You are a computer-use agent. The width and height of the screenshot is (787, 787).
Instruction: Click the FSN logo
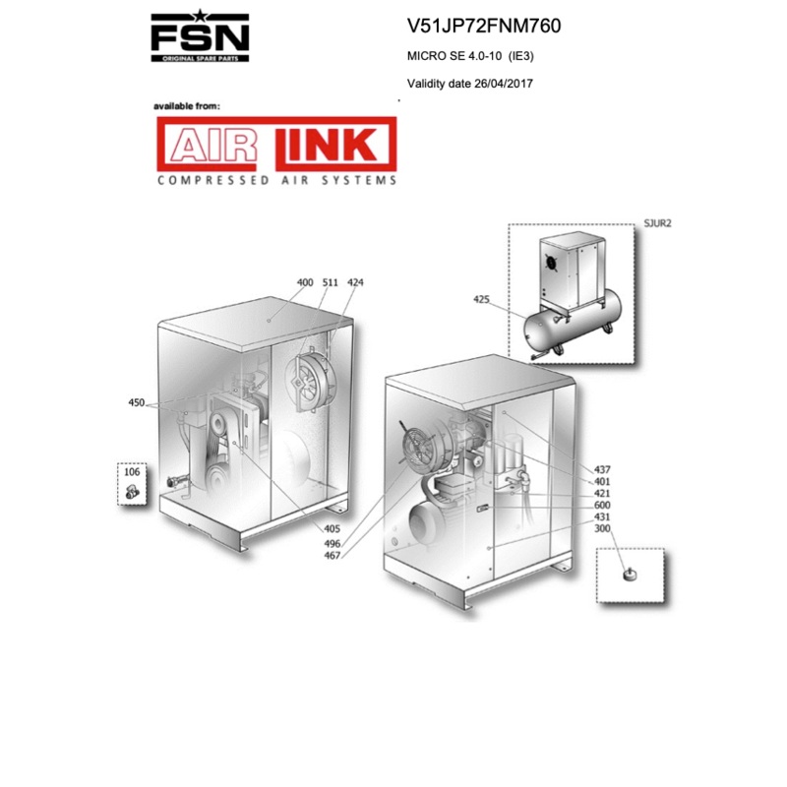click(x=200, y=36)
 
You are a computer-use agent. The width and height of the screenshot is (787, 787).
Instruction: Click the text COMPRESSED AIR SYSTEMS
click(x=276, y=181)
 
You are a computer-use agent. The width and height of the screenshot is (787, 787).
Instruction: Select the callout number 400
click(x=305, y=282)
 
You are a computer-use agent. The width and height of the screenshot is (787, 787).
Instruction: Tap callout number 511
click(x=331, y=282)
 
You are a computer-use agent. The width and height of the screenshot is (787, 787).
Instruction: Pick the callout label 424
click(x=355, y=282)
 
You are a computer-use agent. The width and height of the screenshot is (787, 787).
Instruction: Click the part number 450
click(x=137, y=402)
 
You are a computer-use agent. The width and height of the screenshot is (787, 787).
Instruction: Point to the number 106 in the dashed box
click(x=133, y=472)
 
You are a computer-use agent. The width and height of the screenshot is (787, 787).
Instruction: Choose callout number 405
click(x=333, y=528)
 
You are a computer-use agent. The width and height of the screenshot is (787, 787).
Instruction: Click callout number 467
click(x=333, y=556)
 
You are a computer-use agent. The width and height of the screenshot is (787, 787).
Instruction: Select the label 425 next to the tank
click(x=481, y=299)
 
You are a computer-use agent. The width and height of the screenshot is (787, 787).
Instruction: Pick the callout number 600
click(x=603, y=505)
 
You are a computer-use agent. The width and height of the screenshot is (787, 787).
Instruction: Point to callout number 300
click(x=603, y=529)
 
